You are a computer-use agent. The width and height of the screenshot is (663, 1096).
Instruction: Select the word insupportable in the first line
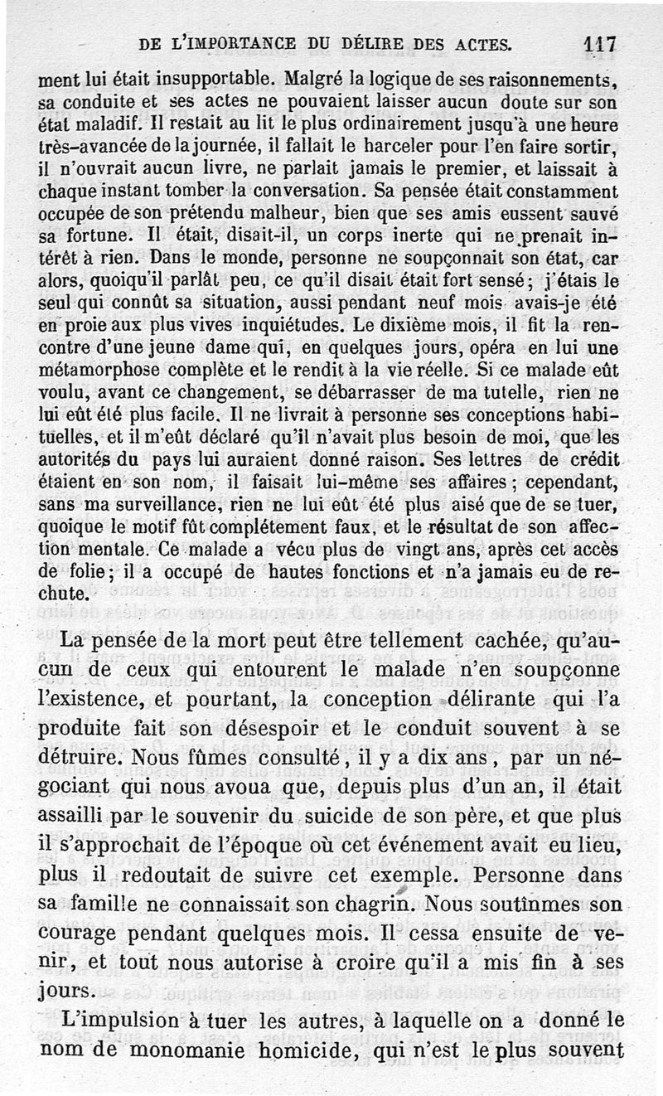(214, 81)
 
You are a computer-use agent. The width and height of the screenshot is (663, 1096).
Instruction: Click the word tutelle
(521, 390)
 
